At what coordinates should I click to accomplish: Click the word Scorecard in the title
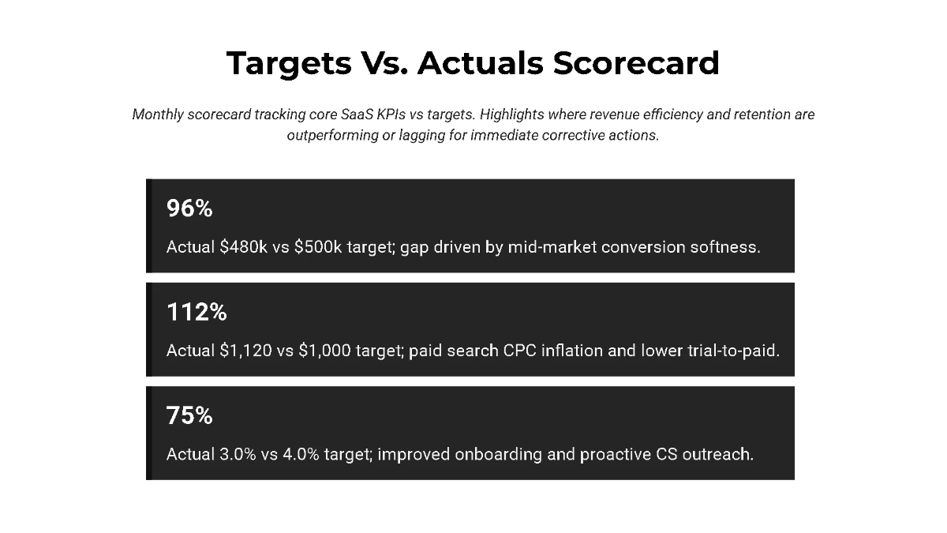pyautogui.click(x=636, y=63)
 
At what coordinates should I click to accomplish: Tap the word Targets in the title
pyautogui.click(x=289, y=63)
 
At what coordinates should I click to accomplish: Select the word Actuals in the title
pyautogui.click(x=481, y=63)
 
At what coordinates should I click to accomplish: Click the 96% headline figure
pyautogui.click(x=189, y=209)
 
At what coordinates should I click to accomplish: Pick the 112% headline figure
pyautogui.click(x=197, y=313)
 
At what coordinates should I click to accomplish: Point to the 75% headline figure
pyautogui.click(x=189, y=416)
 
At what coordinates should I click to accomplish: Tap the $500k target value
pyautogui.click(x=318, y=247)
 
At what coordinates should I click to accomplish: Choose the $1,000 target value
pyautogui.click(x=326, y=351)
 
